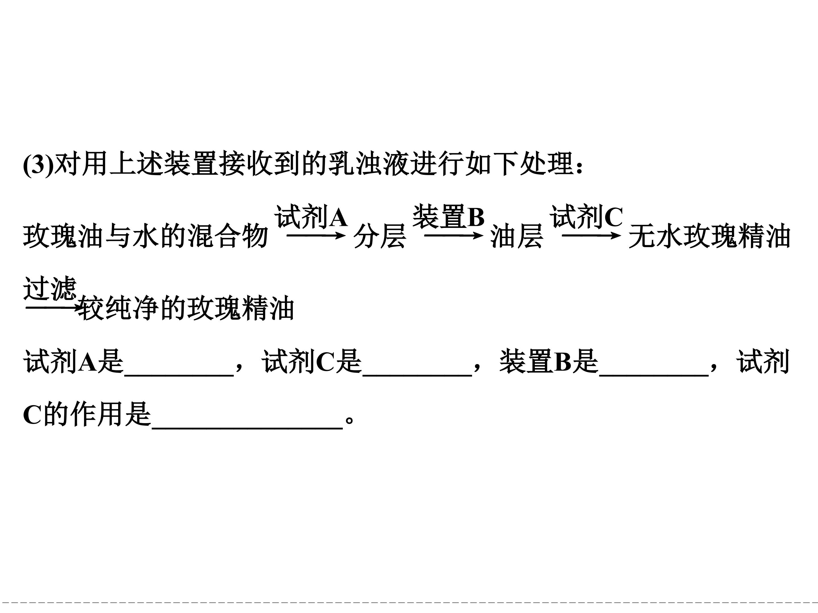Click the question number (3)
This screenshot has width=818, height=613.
coord(38,164)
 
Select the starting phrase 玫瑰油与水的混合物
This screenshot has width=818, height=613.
coord(146,236)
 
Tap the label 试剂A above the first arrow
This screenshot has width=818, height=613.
coord(311,217)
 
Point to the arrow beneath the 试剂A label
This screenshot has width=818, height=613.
coord(316,235)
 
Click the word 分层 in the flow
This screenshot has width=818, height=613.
coord(380,236)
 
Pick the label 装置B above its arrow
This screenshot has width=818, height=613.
coord(448,217)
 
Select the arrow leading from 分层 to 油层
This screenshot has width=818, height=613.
coord(453,235)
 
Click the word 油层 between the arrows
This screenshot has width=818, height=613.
coord(517,236)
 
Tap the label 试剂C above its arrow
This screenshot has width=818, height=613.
coord(587,217)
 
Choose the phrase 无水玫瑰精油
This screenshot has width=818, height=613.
coord(709,236)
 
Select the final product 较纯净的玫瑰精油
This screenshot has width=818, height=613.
coord(187,308)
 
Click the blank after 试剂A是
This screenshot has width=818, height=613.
coord(179,375)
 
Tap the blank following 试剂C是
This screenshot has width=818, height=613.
coord(418,375)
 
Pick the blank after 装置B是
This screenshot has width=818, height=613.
coord(654,375)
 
